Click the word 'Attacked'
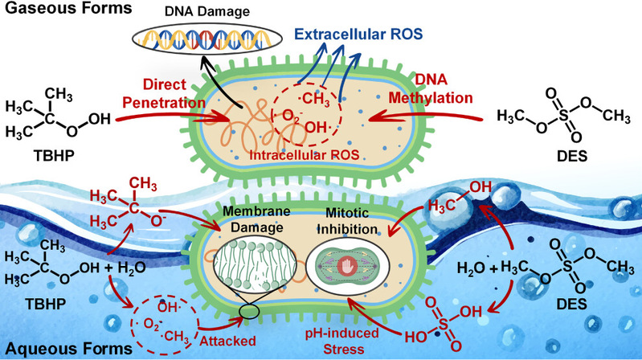227,342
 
